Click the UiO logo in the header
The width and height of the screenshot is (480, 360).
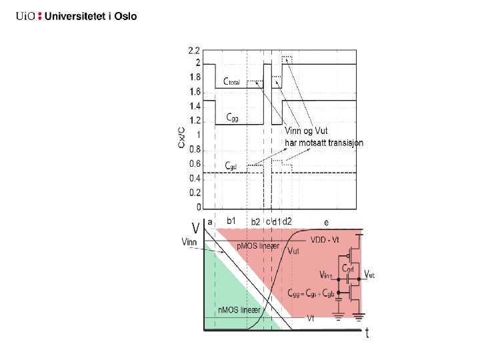[x=26, y=17]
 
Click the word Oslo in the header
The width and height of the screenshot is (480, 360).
[x=125, y=17]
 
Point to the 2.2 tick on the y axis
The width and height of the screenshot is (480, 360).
[x=193, y=50]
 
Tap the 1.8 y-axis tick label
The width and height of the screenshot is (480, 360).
[x=193, y=77]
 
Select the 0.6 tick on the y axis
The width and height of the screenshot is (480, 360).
[x=193, y=164]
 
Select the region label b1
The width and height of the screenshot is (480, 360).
[x=232, y=220]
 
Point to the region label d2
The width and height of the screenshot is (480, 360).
[x=288, y=220]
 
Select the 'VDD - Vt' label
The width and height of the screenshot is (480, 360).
[x=326, y=239]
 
